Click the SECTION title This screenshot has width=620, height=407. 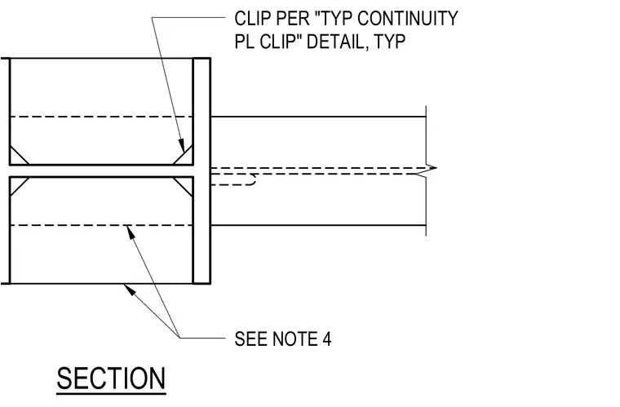(111, 378)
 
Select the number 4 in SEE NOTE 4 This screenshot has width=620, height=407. (327, 339)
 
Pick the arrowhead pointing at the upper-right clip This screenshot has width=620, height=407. (181, 145)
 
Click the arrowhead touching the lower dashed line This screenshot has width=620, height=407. (131, 232)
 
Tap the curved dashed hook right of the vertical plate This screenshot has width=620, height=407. (253, 181)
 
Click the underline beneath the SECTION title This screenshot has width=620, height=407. (111, 393)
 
